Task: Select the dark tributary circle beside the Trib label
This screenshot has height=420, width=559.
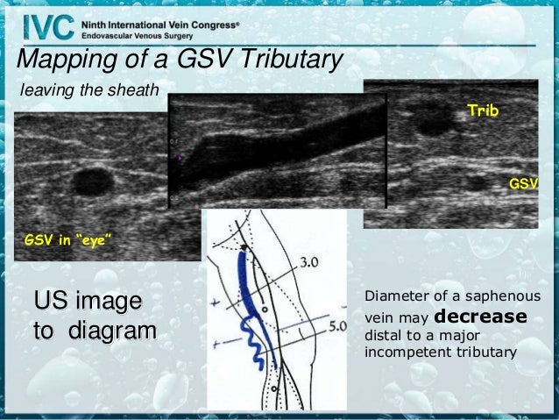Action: click(x=434, y=123)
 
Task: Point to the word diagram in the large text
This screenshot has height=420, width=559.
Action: click(x=110, y=332)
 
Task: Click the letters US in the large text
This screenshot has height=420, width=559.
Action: click(x=49, y=302)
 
